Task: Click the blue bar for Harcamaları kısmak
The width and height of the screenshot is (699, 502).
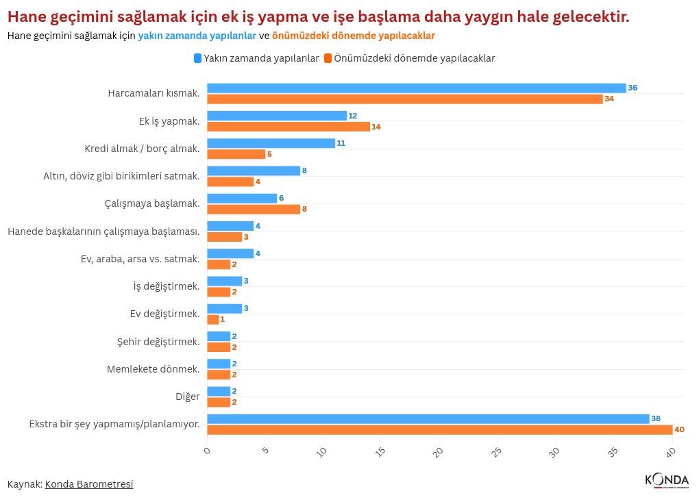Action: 417,88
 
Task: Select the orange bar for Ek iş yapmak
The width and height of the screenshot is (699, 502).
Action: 289,127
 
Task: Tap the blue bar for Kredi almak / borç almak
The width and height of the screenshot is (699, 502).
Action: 271,143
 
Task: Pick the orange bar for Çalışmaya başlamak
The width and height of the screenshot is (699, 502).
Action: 254,210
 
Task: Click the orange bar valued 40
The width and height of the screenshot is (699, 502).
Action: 439,430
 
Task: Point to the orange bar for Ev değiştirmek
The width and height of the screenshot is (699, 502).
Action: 213,320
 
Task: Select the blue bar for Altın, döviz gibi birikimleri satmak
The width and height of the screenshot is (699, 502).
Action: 254,171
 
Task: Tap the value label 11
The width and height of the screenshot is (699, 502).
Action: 341,143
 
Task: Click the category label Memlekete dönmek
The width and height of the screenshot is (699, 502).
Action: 153,369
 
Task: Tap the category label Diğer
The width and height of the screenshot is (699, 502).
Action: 188,397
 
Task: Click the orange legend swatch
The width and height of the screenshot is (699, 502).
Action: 328,58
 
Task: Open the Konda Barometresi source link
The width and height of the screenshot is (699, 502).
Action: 89,484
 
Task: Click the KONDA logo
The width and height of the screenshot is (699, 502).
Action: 667,481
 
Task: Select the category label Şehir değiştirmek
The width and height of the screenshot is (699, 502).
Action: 158,342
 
